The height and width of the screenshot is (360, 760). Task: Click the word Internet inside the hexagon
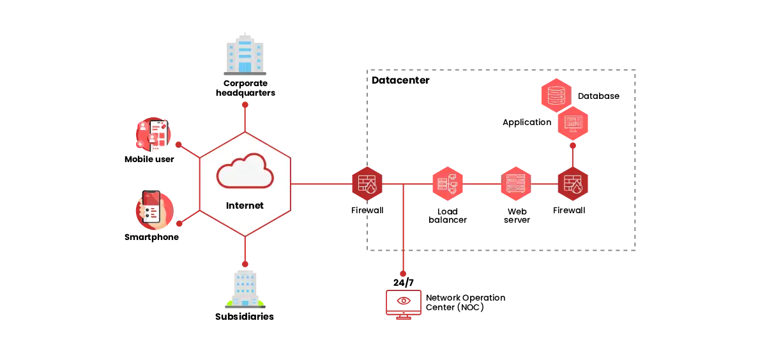pos(245,206)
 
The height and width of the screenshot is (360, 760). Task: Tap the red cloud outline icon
pos(245,171)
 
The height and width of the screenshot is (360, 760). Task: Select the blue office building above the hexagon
pos(245,52)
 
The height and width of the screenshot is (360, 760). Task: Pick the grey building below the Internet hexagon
pos(245,288)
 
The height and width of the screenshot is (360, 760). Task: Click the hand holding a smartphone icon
pos(154,211)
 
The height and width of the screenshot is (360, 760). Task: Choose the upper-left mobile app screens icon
pos(153,135)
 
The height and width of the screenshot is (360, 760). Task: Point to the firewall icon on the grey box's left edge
pos(367,184)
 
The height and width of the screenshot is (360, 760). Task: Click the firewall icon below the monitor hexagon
pos(572,184)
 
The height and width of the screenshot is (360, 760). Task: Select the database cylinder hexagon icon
pos(555,95)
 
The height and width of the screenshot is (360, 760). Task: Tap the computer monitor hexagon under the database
pos(573,124)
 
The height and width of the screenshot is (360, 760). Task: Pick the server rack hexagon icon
pos(515,184)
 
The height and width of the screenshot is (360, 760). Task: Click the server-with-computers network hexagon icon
pos(447,184)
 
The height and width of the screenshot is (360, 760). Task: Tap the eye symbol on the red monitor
pos(404,301)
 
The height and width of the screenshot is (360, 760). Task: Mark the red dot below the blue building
pos(245,103)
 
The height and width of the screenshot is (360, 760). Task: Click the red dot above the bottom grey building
pos(245,264)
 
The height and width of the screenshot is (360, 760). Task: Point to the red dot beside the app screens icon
pos(179,146)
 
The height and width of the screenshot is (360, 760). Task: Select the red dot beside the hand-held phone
pos(179,224)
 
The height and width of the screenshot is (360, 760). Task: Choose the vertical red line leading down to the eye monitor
pos(404,230)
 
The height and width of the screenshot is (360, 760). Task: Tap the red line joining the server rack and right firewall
pos(544,184)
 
